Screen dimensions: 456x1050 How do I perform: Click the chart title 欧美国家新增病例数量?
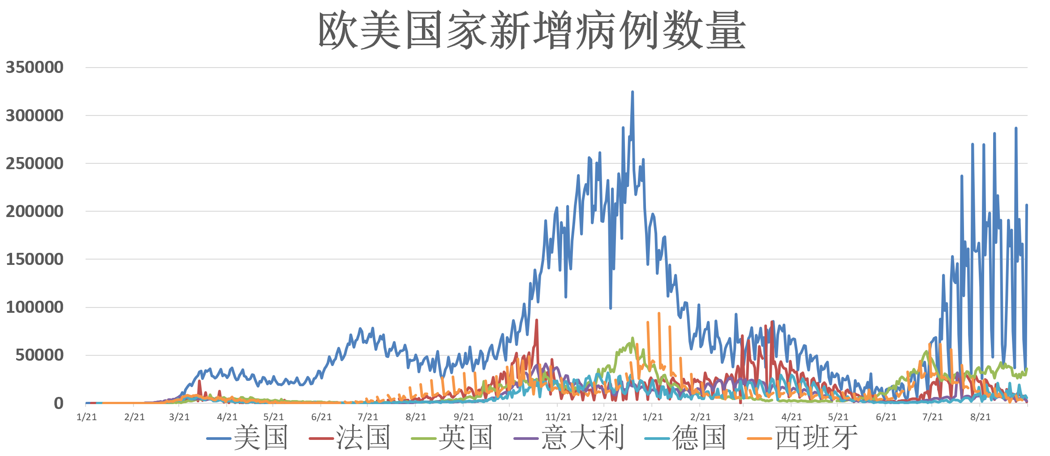coord(531,30)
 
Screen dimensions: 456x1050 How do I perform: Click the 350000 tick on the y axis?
coord(34,68)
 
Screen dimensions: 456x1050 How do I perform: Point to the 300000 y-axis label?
coord(34,115)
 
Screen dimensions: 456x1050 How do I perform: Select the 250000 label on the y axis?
coord(34,163)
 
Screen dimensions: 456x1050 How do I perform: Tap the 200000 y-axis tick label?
coord(34,211)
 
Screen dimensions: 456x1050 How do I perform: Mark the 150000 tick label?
coord(34,259)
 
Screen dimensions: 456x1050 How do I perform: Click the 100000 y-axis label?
coord(34,307)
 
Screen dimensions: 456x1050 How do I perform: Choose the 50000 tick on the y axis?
coord(39,355)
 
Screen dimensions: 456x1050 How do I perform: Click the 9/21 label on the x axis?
coord(464,417)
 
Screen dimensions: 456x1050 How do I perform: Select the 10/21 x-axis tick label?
coord(510,417)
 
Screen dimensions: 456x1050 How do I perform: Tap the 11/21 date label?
coord(558,417)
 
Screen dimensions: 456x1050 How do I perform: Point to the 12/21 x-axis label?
coord(605,417)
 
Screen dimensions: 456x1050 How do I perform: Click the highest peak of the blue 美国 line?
coord(633,92)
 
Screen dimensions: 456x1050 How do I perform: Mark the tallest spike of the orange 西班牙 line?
coord(659,314)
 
